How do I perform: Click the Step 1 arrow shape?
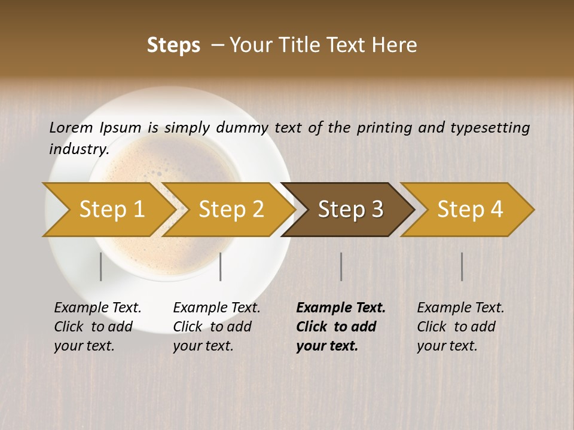tap(111, 210)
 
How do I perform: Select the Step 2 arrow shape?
tap(231, 210)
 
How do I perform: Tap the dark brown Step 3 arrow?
tap(350, 210)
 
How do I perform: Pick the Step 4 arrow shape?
tap(470, 210)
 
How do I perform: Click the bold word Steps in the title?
tap(173, 45)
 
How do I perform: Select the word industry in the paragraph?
tap(78, 149)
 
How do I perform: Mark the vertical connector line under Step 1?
tap(101, 266)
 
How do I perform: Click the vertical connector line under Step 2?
tap(221, 266)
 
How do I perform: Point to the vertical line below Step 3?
tap(341, 266)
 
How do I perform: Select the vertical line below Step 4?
tap(462, 266)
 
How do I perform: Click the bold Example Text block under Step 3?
tap(340, 327)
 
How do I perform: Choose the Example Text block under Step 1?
tap(97, 327)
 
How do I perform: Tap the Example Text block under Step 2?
tap(216, 327)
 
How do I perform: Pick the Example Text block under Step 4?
tap(460, 327)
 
